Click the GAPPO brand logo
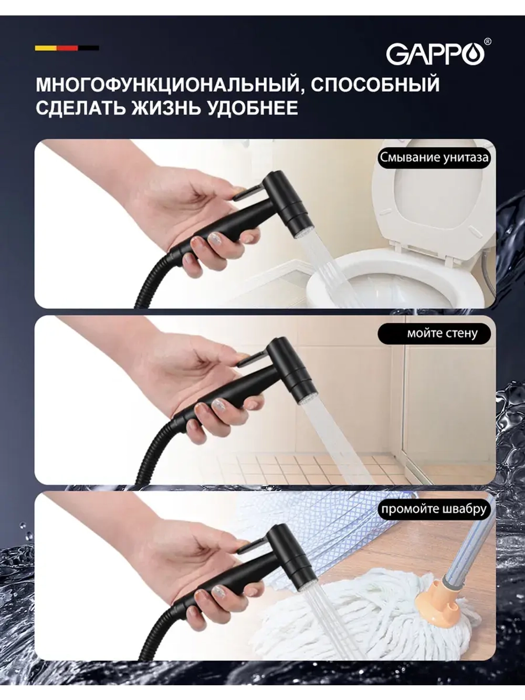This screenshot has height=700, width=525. pos(435,54)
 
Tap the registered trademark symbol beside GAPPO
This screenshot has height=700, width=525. pos(488,41)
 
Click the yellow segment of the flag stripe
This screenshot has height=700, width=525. pos(46,48)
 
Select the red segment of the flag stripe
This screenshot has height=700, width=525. pos(67,48)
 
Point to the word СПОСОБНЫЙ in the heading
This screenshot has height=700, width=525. pos(375,83)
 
